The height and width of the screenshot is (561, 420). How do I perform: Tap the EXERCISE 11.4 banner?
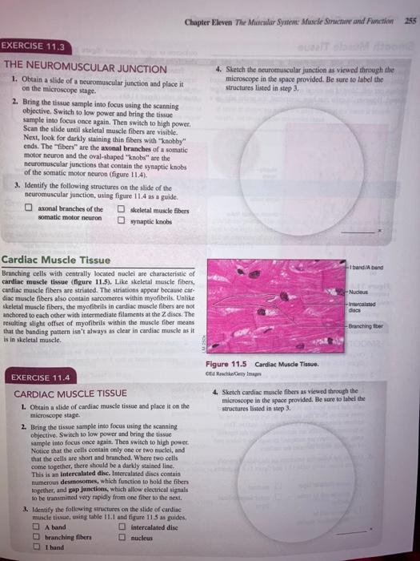[x=41, y=377]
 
